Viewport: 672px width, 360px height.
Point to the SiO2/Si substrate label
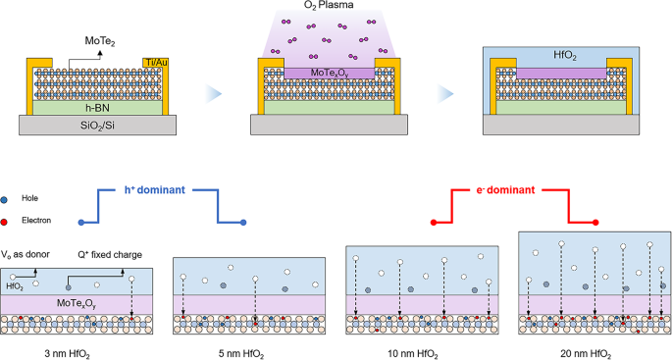coord(95,125)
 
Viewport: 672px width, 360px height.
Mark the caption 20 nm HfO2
coord(593,352)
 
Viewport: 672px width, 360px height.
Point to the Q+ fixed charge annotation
coord(113,255)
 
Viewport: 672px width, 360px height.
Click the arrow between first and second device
coord(208,93)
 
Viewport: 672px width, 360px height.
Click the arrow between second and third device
coord(445,93)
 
